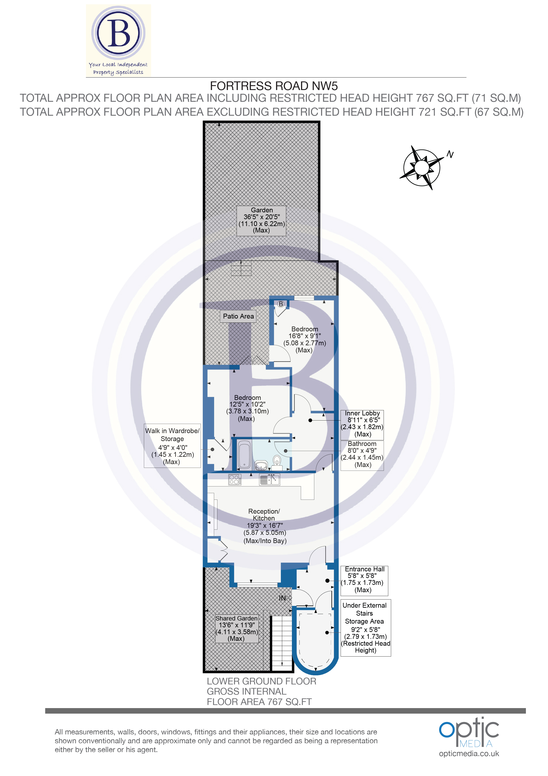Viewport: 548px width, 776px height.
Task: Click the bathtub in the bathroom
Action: [244, 455]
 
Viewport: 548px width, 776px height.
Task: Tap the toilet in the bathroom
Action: [277, 461]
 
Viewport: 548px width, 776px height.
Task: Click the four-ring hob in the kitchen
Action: [235, 480]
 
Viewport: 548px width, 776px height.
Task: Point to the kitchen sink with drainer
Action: [269, 480]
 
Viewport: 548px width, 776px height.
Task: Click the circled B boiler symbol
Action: [281, 304]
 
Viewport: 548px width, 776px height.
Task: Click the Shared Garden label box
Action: [237, 628]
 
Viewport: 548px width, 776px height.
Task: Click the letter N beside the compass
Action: [450, 154]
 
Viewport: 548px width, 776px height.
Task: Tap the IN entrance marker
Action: [283, 598]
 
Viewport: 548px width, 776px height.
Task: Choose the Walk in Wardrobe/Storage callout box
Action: [172, 446]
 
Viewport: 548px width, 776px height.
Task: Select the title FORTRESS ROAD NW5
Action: [274, 86]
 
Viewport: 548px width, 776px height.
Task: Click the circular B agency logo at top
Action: [118, 33]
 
